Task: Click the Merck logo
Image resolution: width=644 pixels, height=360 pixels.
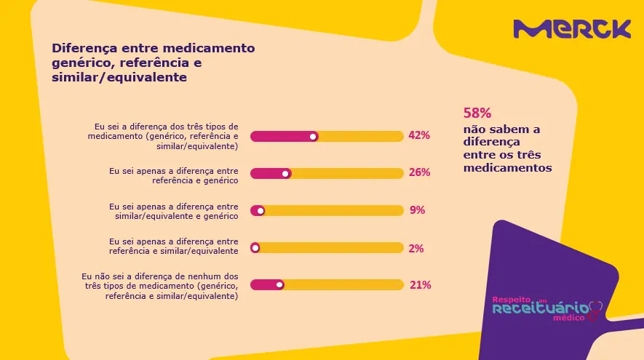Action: click(572, 29)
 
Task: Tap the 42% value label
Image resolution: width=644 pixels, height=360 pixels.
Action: click(419, 135)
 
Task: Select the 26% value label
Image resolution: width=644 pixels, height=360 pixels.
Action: click(419, 172)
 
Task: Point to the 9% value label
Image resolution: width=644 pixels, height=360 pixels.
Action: click(417, 210)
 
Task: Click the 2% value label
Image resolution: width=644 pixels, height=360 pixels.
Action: click(416, 248)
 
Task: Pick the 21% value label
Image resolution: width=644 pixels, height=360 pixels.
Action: click(420, 285)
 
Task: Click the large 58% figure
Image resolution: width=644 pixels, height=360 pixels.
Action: click(477, 113)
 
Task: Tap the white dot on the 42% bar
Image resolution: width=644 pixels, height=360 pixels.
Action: click(313, 136)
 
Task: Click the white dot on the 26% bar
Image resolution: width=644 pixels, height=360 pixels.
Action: click(285, 174)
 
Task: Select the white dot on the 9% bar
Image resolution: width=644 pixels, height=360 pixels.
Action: click(261, 211)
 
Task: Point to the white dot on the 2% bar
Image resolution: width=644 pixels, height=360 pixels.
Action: click(255, 248)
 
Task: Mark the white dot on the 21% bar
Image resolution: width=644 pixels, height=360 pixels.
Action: click(279, 284)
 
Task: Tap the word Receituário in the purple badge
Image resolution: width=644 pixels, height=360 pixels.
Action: click(541, 308)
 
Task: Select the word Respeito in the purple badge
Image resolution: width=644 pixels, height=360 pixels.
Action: click(512, 300)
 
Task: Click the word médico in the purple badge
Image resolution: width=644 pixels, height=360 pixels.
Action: click(569, 318)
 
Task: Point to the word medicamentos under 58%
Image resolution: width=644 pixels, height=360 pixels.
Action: click(508, 168)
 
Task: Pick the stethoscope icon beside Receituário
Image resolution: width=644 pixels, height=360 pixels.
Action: click(595, 311)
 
